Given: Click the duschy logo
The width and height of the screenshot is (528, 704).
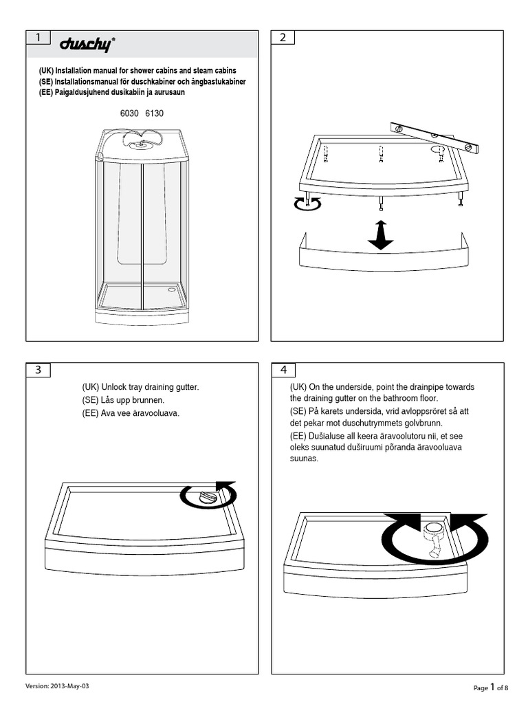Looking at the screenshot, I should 87,44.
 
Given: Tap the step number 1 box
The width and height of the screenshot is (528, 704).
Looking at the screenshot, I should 38,38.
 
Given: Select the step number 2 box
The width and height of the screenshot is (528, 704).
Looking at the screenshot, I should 283,38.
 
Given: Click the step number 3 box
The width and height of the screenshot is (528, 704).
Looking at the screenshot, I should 38,370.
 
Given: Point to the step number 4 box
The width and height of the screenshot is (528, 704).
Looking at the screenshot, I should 283,370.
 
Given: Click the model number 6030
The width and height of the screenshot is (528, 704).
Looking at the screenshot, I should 129,113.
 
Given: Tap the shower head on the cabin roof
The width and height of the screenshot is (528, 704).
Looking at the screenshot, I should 142,143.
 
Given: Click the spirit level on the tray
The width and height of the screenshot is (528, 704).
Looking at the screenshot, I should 434,137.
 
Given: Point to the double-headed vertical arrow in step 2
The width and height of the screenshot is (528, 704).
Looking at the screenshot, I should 380,234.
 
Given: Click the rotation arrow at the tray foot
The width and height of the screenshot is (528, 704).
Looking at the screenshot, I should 307,203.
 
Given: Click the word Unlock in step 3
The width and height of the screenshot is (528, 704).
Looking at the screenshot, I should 116,388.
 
